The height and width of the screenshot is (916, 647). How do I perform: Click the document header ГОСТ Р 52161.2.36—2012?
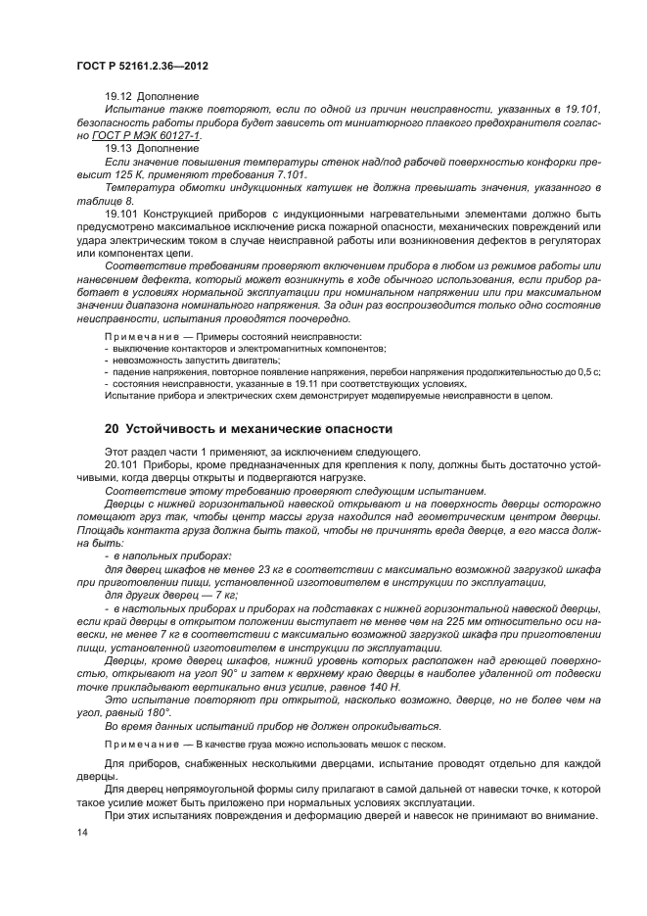point(142,65)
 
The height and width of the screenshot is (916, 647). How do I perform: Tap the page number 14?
point(82,832)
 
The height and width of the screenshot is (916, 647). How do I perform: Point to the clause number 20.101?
point(122,462)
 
